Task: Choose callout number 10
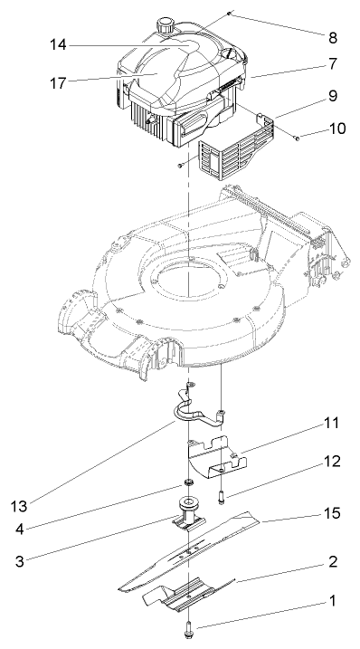coord(336,129)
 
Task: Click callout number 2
coord(331,561)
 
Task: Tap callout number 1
coord(331,599)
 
